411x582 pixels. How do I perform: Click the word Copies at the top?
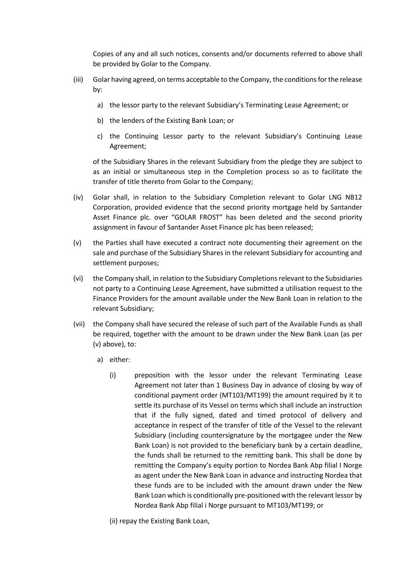coord(103,54)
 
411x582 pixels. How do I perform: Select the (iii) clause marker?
coord(78,79)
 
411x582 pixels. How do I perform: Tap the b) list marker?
coord(100,120)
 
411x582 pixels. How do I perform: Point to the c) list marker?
coord(100,136)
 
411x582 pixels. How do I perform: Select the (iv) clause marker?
coord(78,197)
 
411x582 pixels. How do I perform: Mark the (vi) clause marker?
coord(78,278)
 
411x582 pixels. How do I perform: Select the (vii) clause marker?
coord(79,324)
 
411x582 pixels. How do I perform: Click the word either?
coord(120,359)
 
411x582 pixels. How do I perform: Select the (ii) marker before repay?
coord(114,521)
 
